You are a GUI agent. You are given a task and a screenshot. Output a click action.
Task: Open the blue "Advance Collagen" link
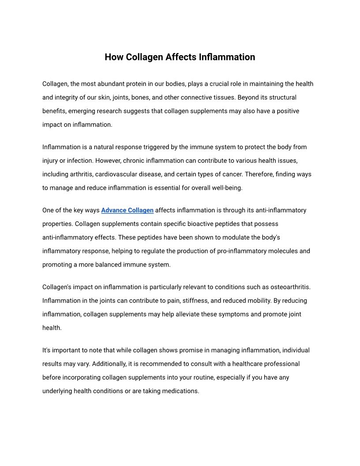coord(127,210)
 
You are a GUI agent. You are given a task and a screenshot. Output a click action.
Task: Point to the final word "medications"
coord(181,391)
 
